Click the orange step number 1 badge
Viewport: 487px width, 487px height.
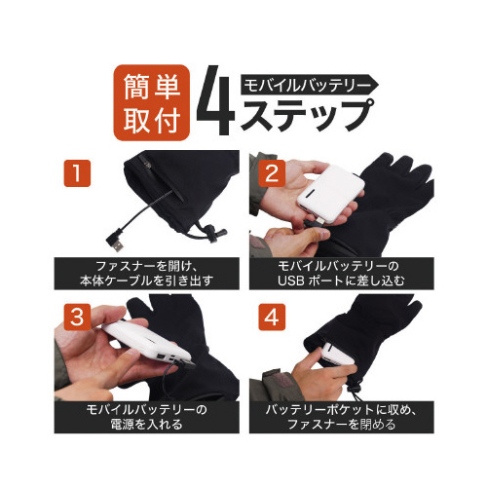tap(77, 173)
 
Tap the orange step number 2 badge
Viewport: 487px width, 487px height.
tap(272, 173)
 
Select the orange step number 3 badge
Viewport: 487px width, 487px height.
tap(77, 317)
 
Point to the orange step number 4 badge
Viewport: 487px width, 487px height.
tap(272, 317)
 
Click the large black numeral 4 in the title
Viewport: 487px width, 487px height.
tap(215, 101)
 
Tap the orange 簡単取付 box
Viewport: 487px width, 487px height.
tap(151, 102)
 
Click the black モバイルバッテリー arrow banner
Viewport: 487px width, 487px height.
tap(309, 85)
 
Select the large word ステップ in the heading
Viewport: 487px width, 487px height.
tap(307, 115)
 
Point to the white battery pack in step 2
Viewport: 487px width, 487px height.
tap(330, 194)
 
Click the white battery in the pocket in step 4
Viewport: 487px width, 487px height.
tap(338, 354)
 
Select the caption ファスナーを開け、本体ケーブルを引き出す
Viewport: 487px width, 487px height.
tap(147, 274)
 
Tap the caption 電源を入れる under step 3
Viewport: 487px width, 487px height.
tap(147, 424)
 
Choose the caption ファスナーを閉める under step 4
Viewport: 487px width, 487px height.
tap(342, 424)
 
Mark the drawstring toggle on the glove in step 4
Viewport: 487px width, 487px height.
tap(355, 387)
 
